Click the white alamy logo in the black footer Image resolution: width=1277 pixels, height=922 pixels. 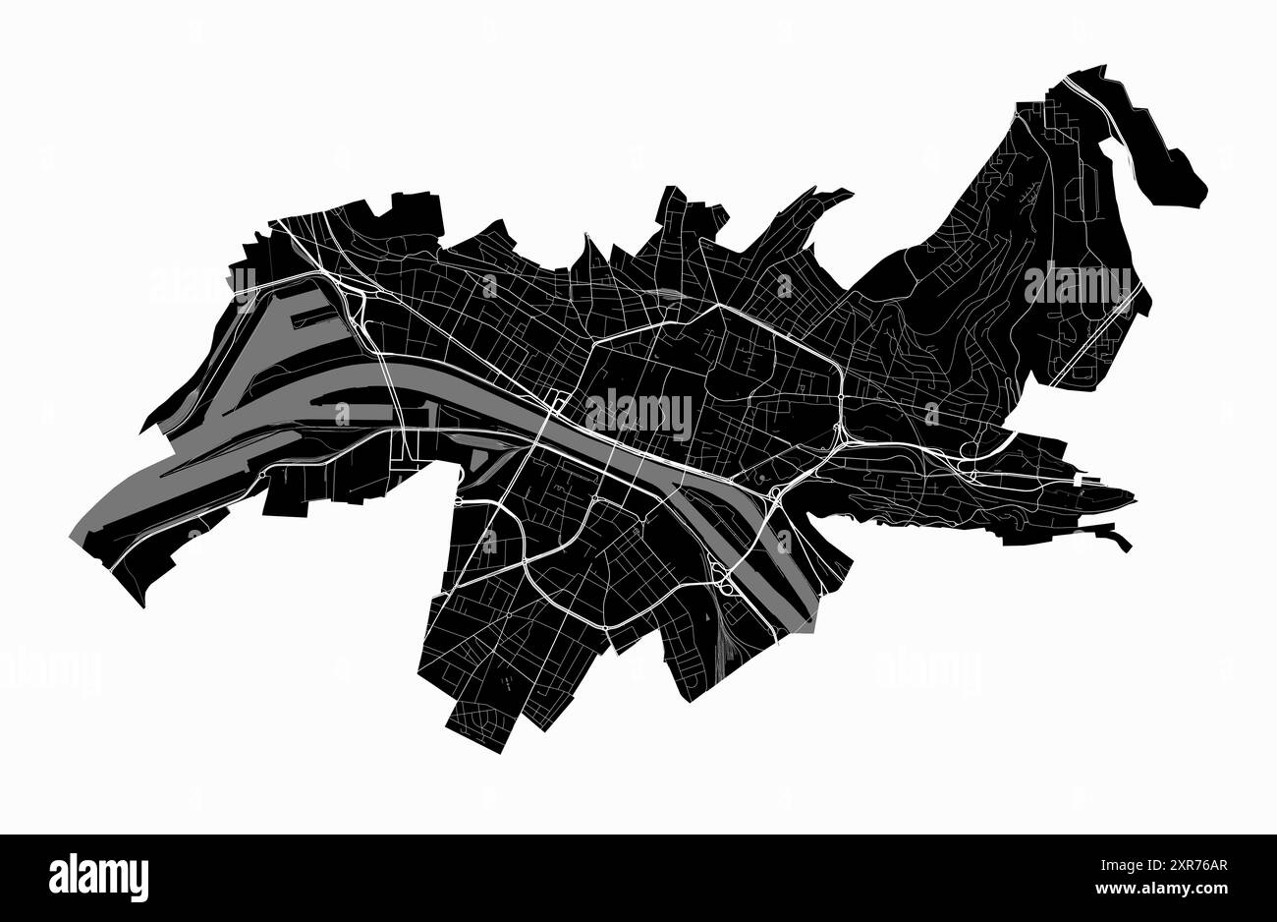98,877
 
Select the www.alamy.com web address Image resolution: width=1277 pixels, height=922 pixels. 1169,891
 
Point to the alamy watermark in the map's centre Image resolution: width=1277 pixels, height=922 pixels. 638,414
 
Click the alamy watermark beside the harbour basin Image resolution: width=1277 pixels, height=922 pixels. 201,285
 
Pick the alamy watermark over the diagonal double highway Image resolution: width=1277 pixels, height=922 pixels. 1078,284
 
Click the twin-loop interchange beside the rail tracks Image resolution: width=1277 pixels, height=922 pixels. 724,580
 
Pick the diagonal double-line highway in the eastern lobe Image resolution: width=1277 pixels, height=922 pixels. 1095,334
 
